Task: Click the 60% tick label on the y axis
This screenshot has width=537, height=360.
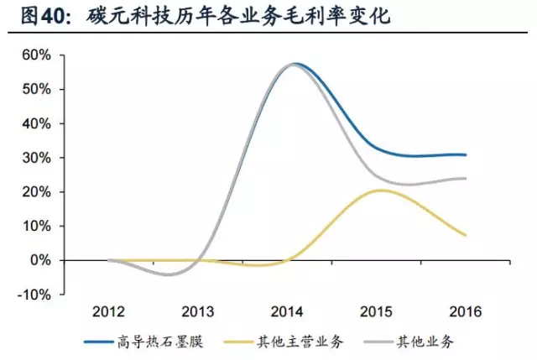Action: coord(37,55)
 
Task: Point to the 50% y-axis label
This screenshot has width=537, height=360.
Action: coord(37,90)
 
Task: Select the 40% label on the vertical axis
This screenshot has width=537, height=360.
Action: coord(37,123)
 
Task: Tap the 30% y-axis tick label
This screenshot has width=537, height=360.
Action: coord(37,158)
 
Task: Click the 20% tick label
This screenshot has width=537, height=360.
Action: coord(37,192)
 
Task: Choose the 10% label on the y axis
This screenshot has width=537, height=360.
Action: coord(37,226)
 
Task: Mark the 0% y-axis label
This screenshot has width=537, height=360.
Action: coord(40,260)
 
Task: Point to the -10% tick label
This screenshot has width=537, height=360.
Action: coord(34,295)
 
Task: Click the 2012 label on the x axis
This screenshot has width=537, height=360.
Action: coord(108,311)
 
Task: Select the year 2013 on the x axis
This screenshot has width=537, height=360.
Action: coord(198,311)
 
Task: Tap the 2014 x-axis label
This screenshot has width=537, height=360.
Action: coord(287,311)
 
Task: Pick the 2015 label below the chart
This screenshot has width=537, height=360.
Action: coord(376,311)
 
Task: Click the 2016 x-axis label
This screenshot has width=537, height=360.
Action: coord(466,311)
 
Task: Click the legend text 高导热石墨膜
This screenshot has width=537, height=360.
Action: coord(160,342)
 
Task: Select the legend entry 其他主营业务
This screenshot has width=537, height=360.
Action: coord(300,342)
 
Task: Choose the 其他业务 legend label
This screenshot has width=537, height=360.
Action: coord(425,342)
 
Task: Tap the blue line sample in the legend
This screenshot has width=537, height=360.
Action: coord(98,342)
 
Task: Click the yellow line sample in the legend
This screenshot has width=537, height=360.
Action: coord(238,342)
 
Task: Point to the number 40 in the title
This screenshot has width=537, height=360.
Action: coord(53,17)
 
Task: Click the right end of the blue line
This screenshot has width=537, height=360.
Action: coord(466,154)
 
